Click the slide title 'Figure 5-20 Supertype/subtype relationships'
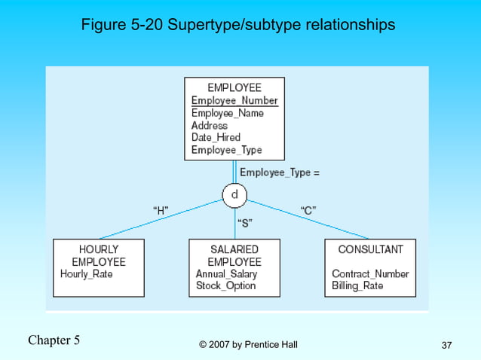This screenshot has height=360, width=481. [x=237, y=26]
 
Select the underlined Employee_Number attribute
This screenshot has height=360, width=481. [x=234, y=101]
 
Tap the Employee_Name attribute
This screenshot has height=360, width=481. [x=227, y=113]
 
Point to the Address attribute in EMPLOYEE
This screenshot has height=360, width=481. [x=209, y=125]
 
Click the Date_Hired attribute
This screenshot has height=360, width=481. [x=216, y=137]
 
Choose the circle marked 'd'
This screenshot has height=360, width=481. [x=234, y=196]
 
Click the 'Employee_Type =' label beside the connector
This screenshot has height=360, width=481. [x=279, y=172]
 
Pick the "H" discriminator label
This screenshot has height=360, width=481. [x=161, y=211]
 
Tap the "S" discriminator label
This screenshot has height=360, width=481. [x=245, y=223]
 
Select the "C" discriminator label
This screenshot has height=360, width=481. [x=308, y=211]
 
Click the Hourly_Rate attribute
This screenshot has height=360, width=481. [x=87, y=274]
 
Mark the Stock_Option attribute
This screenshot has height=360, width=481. [x=225, y=286]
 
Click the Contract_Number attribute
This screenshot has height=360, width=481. [x=370, y=274]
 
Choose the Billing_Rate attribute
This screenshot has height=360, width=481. [x=357, y=286]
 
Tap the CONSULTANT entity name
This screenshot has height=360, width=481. [x=370, y=249]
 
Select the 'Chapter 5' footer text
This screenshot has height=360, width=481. [x=54, y=340]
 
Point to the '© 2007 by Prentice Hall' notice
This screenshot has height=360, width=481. [x=248, y=345]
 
